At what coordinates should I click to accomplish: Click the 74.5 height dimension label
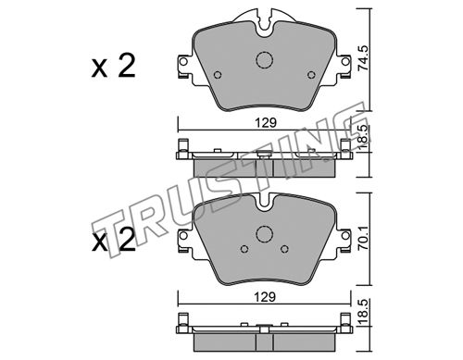[363, 58]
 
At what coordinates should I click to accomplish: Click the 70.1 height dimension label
[363, 237]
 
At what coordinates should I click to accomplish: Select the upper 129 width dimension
[266, 123]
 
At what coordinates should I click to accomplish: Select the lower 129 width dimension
[266, 297]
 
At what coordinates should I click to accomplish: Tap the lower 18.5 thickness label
[363, 312]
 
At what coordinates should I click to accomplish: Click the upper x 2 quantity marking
[113, 66]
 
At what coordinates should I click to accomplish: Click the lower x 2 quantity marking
[113, 240]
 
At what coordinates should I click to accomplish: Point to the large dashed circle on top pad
[265, 60]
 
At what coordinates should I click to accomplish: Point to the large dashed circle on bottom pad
[265, 234]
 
